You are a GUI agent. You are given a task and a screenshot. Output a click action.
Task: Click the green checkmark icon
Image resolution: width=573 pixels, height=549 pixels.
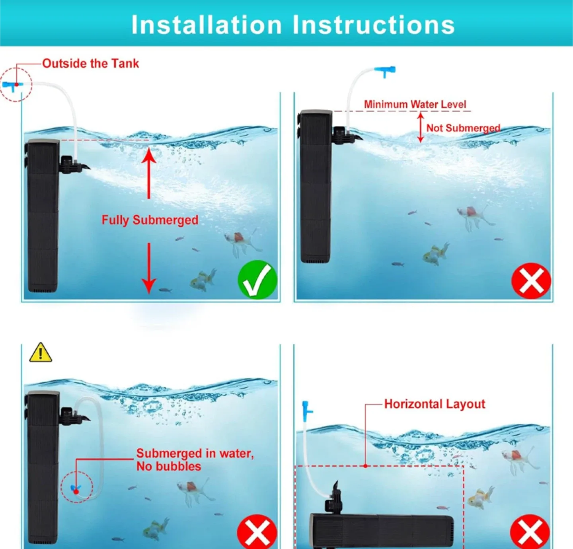(x=257, y=280)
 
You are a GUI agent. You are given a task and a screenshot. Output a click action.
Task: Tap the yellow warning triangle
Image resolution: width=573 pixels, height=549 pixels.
(x=40, y=353)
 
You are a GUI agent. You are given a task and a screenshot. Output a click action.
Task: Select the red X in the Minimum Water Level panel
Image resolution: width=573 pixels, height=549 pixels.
(x=531, y=281)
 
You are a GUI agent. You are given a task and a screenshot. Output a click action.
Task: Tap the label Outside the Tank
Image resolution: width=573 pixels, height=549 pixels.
(x=91, y=63)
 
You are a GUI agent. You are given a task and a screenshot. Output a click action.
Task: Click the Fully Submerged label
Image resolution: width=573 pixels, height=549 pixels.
(x=150, y=220)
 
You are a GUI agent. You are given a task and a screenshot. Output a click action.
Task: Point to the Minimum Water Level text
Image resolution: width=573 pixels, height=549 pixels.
(x=415, y=104)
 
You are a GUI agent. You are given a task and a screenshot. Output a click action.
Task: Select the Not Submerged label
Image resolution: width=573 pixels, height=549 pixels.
(x=463, y=128)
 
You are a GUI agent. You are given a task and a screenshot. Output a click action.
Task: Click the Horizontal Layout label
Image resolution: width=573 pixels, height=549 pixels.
(x=435, y=404)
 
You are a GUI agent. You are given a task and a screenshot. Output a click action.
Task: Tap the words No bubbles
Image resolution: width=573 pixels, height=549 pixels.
(x=169, y=466)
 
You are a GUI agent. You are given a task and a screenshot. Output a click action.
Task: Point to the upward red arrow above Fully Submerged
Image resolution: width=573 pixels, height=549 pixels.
(x=149, y=173)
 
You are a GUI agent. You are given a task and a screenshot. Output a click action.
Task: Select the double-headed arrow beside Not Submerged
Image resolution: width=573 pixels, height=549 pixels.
(x=421, y=127)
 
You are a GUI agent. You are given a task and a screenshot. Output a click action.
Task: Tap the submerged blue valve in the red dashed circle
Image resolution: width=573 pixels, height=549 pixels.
(x=76, y=489)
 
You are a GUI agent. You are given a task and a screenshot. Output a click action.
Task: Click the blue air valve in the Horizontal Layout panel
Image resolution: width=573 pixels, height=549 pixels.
(x=306, y=411)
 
